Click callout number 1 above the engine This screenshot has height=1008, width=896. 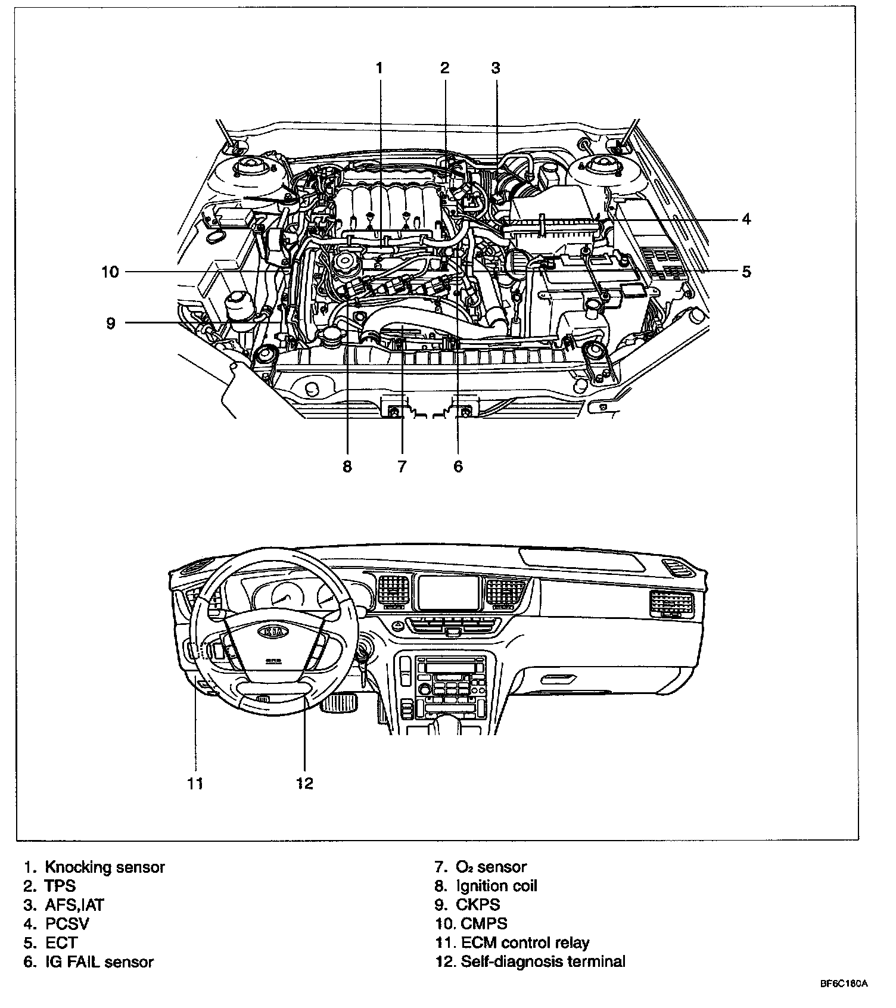click(379, 67)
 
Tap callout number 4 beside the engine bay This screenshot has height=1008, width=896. click(746, 219)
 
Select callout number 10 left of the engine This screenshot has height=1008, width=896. click(110, 272)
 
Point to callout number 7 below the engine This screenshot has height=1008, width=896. click(402, 466)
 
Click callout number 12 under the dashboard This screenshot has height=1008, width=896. click(304, 783)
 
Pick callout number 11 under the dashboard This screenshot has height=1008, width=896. click(195, 783)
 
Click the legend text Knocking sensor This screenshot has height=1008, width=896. click(105, 867)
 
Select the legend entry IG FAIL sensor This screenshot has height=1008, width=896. click(99, 962)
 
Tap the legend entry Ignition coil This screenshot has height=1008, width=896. click(497, 886)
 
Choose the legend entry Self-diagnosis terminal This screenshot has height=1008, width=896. click(543, 962)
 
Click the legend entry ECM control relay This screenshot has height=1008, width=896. click(525, 942)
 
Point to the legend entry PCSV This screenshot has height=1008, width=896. click(67, 924)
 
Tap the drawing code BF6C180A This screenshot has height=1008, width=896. click(844, 984)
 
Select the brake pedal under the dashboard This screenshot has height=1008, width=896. click(338, 702)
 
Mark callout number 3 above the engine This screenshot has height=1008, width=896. click(496, 67)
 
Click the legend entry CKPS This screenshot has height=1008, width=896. click(478, 905)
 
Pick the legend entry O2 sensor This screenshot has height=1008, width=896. click(491, 867)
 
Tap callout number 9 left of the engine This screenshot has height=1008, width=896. click(111, 323)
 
